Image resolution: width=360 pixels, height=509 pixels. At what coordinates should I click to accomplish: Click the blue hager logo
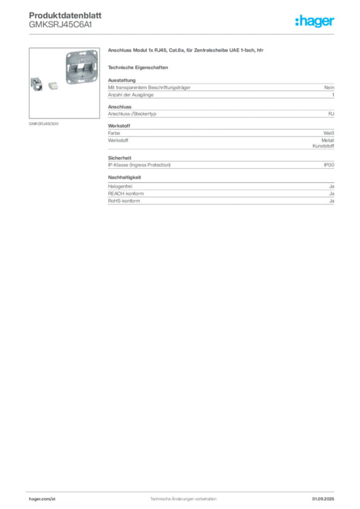click(315, 22)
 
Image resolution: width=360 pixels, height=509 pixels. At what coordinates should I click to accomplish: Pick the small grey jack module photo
click(36, 84)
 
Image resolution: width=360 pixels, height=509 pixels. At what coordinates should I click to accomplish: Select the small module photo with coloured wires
click(53, 85)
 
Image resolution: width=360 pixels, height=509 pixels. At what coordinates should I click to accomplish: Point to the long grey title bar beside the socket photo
click(187, 52)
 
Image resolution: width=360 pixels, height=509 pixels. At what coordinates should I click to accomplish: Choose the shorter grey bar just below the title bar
click(139, 67)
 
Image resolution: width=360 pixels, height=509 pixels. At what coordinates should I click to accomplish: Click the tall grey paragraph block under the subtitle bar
click(221, 88)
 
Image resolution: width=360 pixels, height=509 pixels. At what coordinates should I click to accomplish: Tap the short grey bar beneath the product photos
click(44, 123)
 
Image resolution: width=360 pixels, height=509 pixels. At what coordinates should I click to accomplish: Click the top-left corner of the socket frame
click(65, 51)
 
